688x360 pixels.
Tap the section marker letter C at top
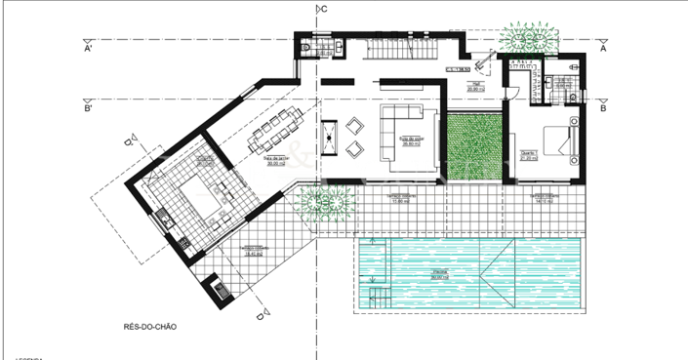click(324, 9)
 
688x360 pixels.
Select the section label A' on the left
click(89, 47)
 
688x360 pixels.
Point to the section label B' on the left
click(89, 108)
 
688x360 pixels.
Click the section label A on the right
click(604, 47)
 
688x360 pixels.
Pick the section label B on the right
click(604, 108)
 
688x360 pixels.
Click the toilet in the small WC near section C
click(306, 47)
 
